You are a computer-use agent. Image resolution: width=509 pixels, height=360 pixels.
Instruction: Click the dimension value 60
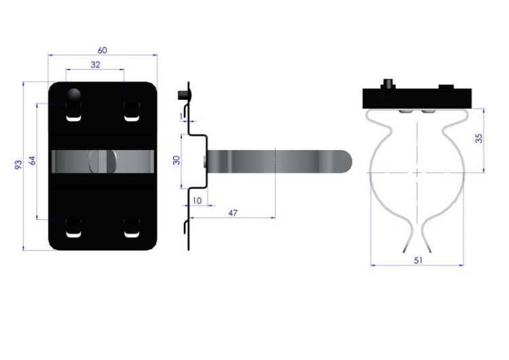102,50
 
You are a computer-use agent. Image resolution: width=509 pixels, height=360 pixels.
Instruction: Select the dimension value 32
95,65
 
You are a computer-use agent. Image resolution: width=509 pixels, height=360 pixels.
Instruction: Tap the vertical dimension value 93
19,164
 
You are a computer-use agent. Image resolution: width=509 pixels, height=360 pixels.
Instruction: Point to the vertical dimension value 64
33,160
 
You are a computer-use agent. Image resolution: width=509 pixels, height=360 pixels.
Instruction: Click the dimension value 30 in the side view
176,160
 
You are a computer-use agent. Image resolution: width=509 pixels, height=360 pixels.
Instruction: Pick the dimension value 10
197,201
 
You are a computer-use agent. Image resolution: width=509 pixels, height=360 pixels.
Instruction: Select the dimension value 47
233,213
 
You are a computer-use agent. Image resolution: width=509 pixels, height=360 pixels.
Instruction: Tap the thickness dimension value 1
181,116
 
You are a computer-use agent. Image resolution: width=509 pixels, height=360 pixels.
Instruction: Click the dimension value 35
478,138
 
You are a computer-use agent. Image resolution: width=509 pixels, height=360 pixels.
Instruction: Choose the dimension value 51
418,261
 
